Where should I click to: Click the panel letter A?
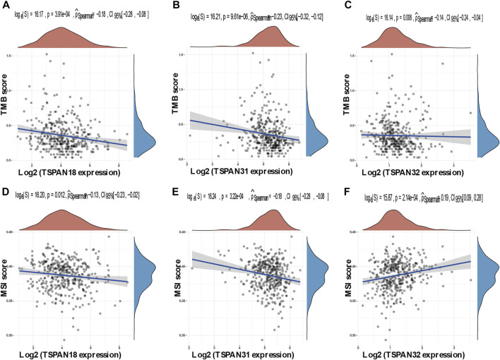pyautogui.click(x=6, y=6)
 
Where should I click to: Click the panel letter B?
pyautogui.click(x=177, y=6)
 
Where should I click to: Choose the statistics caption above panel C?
pyautogui.click(x=418, y=11)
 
